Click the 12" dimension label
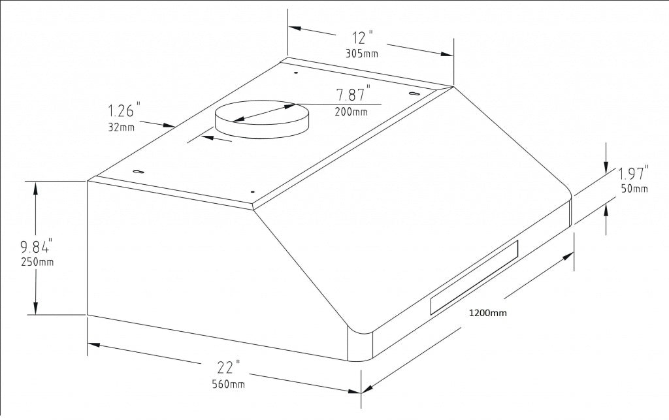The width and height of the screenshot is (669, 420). (361, 38)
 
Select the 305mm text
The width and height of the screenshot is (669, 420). (361, 54)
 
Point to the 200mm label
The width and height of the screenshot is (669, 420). (351, 112)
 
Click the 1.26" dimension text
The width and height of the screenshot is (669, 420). (124, 110)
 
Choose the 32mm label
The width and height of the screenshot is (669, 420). (122, 127)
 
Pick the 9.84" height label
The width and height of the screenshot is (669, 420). (36, 247)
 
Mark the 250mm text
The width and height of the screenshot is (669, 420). (37, 263)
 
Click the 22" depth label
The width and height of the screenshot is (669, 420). (229, 368)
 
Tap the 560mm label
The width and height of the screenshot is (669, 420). (229, 384)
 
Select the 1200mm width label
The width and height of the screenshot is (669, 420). (488, 313)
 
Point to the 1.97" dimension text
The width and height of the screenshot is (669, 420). (633, 174)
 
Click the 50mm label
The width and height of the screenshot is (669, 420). (634, 189)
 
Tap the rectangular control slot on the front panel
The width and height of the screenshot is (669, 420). (474, 276)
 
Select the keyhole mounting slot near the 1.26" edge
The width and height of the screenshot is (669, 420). (139, 172)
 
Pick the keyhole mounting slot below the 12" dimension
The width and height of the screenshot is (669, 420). (414, 95)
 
